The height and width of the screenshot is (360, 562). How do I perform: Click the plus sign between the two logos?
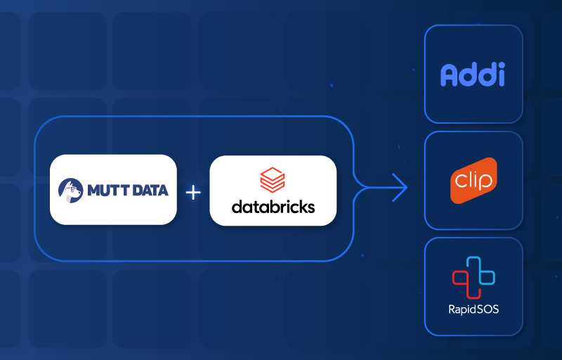[193, 191]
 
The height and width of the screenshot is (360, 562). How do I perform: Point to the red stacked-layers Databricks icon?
[273, 180]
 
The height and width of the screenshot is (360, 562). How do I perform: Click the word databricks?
[273, 207]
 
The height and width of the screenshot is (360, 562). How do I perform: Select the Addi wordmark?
[473, 75]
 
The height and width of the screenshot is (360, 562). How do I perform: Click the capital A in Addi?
[450, 75]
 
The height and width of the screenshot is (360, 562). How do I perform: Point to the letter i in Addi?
[500, 75]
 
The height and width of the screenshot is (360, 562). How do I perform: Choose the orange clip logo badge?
[473, 181]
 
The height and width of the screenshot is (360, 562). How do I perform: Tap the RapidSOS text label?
[473, 309]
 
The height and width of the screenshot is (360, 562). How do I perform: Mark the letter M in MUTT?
[94, 190]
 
